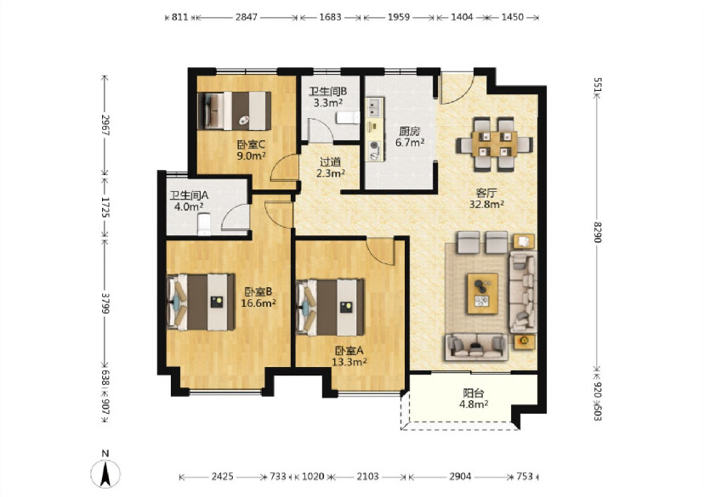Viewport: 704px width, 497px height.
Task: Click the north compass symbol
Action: coord(105,470)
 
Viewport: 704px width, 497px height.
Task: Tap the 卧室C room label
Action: coord(251,145)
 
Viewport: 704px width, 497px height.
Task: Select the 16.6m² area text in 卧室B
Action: coord(258,303)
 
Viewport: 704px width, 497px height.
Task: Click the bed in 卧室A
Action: coord(331,308)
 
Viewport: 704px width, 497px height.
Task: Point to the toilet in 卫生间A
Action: coord(204,224)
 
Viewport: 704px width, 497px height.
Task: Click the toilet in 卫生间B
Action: coord(349,117)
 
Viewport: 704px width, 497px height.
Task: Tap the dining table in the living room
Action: coord(494,144)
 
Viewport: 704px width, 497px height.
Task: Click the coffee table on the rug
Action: coord(483,293)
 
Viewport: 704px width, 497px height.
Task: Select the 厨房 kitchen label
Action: coord(410,132)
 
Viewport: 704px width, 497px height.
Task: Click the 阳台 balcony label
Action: coord(474,393)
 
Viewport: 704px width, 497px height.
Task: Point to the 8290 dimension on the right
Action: coord(597,232)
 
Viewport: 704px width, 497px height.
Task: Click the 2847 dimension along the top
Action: coord(247,17)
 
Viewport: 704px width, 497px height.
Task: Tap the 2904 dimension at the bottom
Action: coord(460,477)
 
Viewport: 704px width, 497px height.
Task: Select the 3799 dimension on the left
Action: coord(105,303)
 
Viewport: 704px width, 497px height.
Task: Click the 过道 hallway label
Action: coord(330,162)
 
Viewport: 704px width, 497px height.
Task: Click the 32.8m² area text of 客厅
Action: coord(486,204)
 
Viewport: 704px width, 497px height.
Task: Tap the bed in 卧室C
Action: coord(235,110)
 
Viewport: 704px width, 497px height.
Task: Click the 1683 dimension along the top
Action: coord(331,17)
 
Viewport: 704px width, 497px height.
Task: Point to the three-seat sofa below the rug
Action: coord(477,347)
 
